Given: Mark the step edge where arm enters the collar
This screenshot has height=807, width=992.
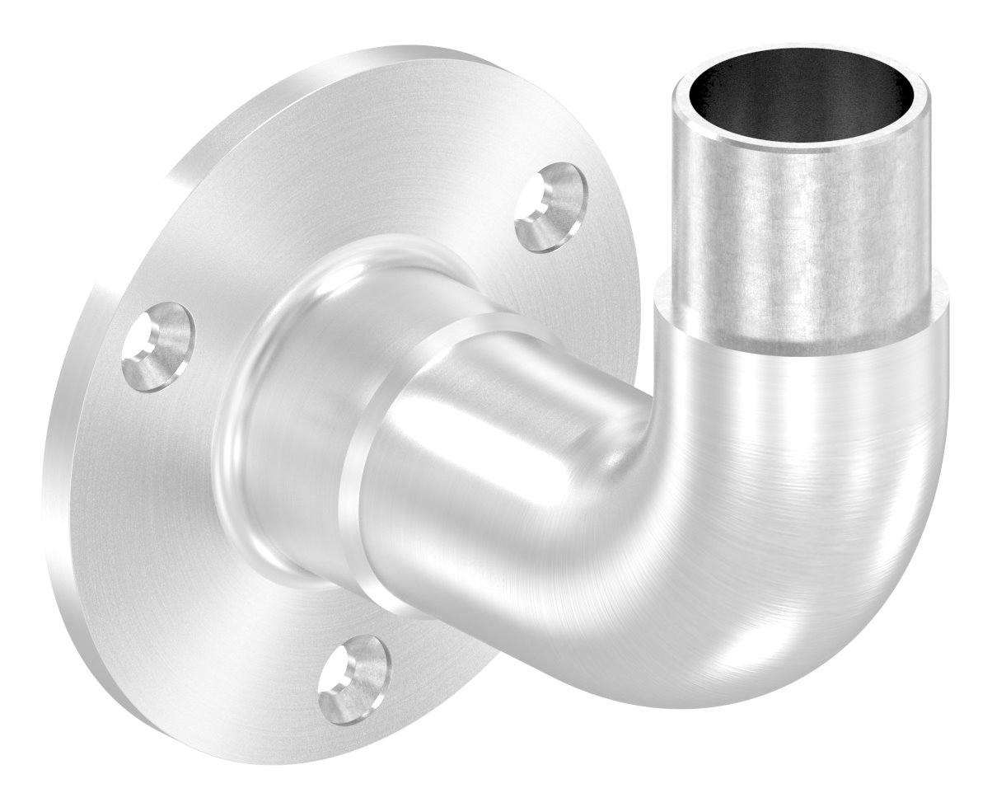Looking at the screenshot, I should coord(371,462).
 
